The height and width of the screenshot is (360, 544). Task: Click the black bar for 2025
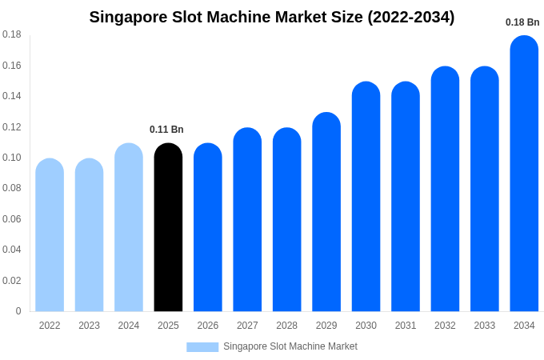click(168, 228)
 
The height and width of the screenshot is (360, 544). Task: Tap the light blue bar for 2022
click(50, 235)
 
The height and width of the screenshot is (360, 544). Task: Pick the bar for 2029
click(326, 212)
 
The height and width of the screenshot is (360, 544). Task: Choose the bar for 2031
click(406, 197)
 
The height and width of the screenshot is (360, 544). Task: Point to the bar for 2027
click(247, 220)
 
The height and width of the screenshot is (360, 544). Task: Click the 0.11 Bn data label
click(166, 130)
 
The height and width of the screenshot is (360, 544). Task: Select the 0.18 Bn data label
click(522, 22)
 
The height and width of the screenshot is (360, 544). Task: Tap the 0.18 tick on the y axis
click(12, 34)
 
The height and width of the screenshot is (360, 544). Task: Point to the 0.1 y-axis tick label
click(12, 158)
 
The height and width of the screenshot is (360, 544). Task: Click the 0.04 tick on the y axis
click(12, 250)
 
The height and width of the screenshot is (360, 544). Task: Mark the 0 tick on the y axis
click(18, 311)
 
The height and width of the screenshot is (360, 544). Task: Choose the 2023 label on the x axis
click(89, 326)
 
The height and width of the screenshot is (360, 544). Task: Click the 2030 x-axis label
click(366, 326)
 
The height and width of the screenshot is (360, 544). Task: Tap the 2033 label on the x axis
click(485, 326)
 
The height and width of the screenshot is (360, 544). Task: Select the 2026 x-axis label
click(208, 326)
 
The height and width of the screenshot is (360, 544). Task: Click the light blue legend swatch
click(202, 347)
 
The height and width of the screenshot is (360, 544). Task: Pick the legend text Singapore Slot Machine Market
click(290, 346)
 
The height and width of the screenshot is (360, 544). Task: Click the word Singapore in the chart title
click(126, 17)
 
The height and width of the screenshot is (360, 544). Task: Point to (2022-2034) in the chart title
click(410, 17)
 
